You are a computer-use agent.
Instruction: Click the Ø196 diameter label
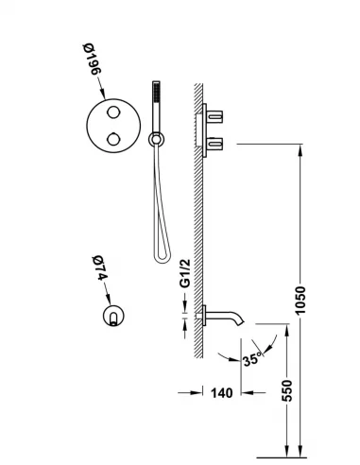coord(92,59)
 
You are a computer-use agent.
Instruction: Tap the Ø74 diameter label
coord(100,268)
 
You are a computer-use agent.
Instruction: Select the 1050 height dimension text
coord(300,301)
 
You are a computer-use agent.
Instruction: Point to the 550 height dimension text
coord(286,390)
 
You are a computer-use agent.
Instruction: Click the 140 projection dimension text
coord(221,393)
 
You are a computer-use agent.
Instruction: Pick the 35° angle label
coord(252,358)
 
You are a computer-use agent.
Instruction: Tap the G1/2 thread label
coord(185,273)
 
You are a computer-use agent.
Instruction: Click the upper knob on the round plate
coord(113,112)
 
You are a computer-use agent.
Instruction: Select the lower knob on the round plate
coord(113,139)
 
